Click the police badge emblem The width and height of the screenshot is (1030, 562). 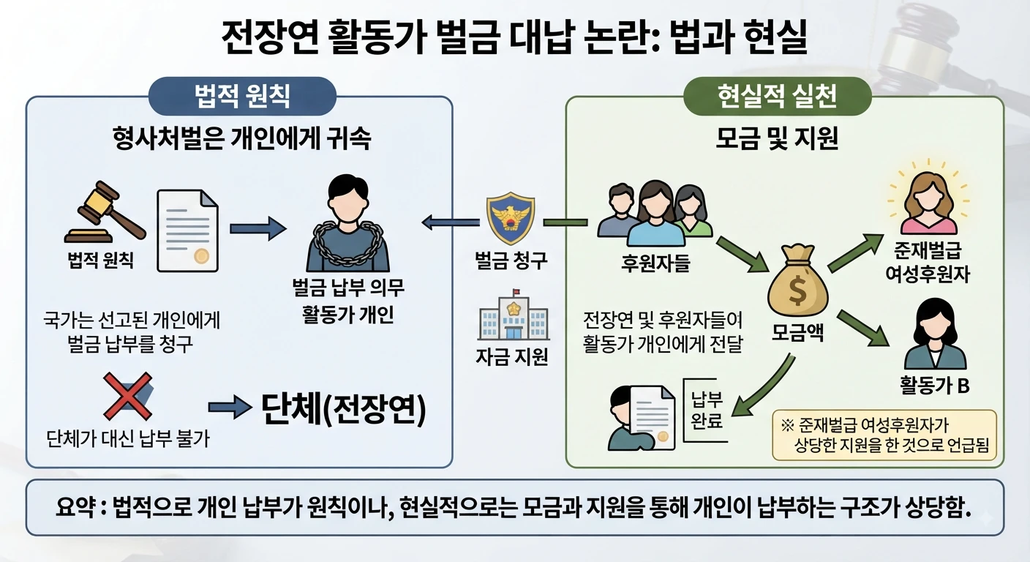click(511, 219)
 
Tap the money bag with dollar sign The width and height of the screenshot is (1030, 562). click(797, 280)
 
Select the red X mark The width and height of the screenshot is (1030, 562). click(128, 397)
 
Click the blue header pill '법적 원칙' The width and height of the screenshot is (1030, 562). click(242, 96)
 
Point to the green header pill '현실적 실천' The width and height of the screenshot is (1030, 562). click(778, 96)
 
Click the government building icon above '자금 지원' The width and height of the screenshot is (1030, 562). click(513, 315)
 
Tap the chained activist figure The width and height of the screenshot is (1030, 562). click(348, 223)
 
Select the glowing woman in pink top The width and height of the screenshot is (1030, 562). click(928, 203)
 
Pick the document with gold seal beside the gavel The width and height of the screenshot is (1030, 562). click(187, 231)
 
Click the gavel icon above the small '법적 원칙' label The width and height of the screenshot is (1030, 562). click(105, 212)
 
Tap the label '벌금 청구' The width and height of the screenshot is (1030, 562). click(511, 261)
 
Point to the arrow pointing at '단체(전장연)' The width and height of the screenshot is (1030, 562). click(230, 407)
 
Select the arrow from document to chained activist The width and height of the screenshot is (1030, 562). click(258, 228)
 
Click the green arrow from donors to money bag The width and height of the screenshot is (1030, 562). click(743, 255)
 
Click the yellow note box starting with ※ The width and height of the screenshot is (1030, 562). click(884, 435)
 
